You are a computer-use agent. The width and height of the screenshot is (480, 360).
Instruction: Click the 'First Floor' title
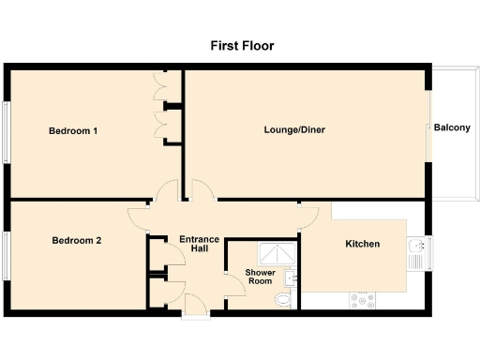240,45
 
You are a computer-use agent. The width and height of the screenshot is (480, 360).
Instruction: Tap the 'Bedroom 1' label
73,131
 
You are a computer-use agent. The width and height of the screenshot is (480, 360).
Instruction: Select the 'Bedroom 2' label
76,241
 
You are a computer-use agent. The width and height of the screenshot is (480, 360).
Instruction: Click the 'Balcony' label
453,128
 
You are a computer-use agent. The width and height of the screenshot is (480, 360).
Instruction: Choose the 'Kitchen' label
363,244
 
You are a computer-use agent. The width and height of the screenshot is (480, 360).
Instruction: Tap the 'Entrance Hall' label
200,245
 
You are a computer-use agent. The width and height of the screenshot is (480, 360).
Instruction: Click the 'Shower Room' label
260,277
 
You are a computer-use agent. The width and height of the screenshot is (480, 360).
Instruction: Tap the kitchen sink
417,248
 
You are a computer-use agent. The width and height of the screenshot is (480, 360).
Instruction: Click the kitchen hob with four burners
363,301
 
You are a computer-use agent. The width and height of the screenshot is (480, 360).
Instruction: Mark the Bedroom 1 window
7,131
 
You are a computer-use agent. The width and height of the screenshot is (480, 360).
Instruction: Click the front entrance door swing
196,304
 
